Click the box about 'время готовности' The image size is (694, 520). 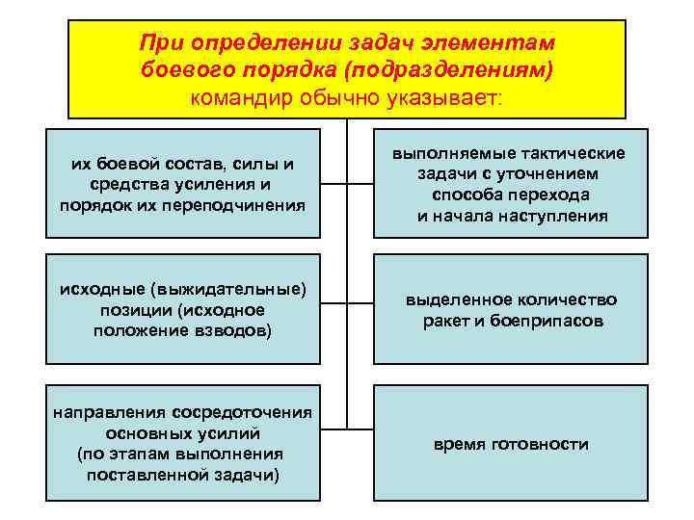click(x=512, y=444)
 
